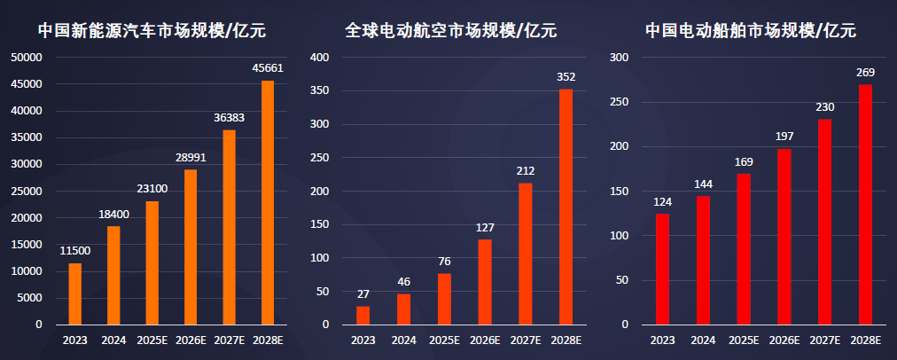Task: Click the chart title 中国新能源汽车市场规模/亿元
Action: [x=152, y=31]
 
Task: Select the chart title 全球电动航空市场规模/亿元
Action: [x=450, y=31]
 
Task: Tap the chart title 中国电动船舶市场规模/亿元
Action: [x=750, y=31]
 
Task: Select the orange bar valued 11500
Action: [x=74, y=293]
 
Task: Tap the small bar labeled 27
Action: [x=363, y=315]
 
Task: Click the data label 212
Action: [x=525, y=170]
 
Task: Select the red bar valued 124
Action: [x=662, y=269]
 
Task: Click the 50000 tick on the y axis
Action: [x=27, y=58]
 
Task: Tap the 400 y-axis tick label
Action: [x=320, y=58]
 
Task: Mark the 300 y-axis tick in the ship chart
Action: [x=620, y=58]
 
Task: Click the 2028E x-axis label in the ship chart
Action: [x=865, y=340]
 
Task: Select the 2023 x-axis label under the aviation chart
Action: [x=363, y=340]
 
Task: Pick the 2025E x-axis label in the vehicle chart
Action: [x=152, y=340]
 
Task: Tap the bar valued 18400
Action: [x=113, y=275]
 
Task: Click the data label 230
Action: [x=824, y=106]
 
